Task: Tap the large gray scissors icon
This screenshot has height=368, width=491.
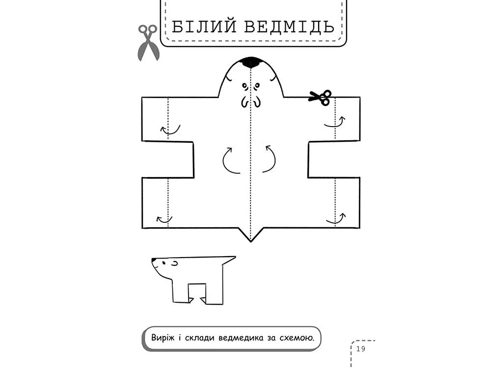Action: pyautogui.click(x=147, y=43)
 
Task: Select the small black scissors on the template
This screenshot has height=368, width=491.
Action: pyautogui.click(x=320, y=97)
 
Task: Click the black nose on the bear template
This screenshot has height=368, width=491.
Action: pyautogui.click(x=251, y=62)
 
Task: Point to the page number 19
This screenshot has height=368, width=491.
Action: pyautogui.click(x=361, y=349)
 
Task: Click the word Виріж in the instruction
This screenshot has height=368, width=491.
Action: pyautogui.click(x=161, y=338)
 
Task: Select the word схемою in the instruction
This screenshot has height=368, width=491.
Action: pyautogui.click(x=298, y=338)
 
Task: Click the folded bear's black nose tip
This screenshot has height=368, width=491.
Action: pyautogui.click(x=153, y=260)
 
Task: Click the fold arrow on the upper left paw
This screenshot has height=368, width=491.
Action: pyautogui.click(x=170, y=130)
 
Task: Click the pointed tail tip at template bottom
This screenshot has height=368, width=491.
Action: pyautogui.click(x=251, y=241)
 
